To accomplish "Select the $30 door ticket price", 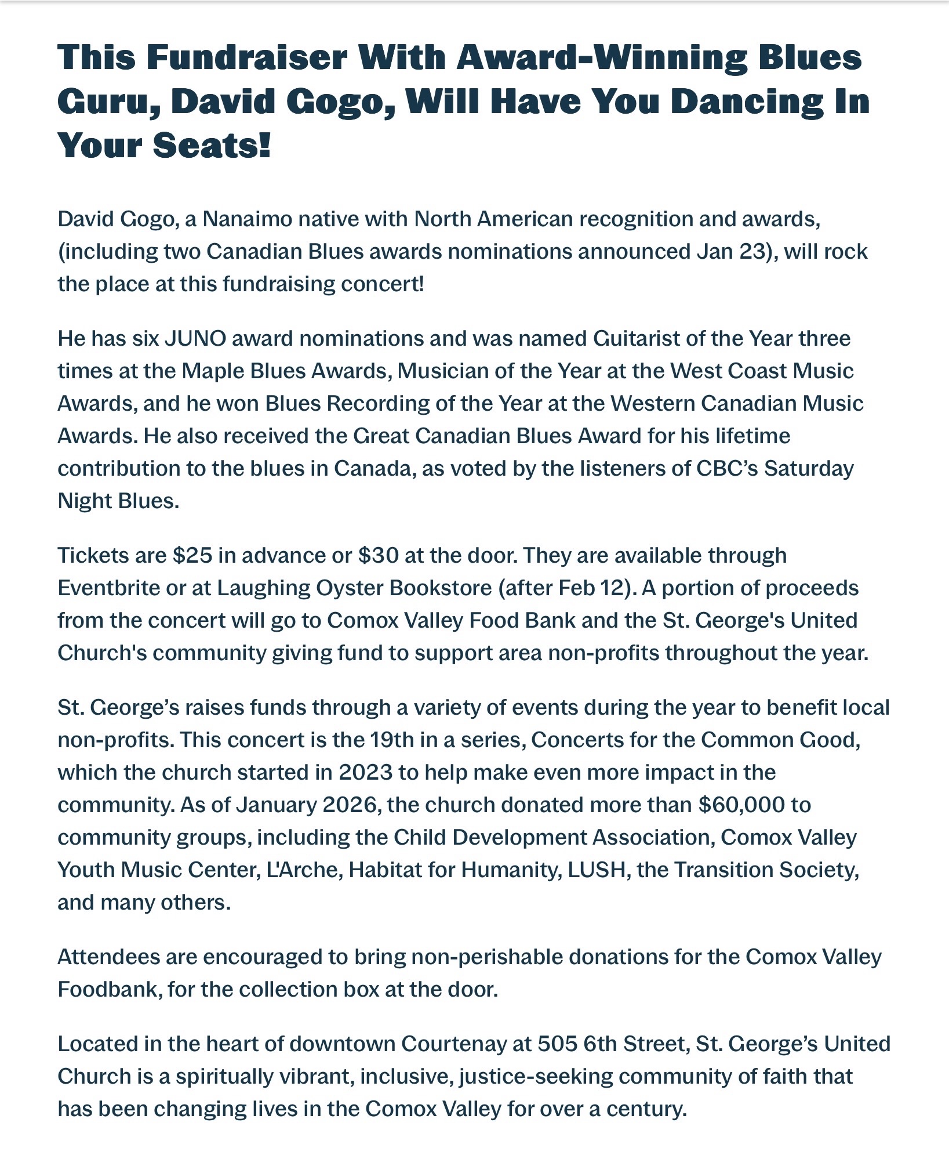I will [x=379, y=556].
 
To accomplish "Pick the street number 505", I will [x=557, y=1044].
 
